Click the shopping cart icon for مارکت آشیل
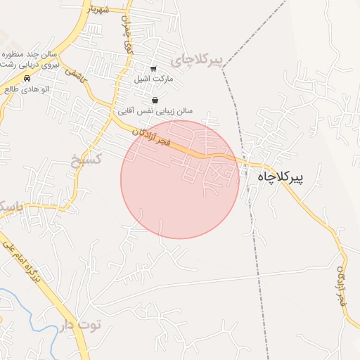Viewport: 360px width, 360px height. [x=154, y=68]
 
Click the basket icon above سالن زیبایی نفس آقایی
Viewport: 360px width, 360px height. [x=154, y=100]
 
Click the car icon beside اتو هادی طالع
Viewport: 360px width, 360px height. [x=27, y=78]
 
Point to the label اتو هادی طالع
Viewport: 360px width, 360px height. [x=26, y=89]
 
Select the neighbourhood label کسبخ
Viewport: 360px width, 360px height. [x=88, y=158]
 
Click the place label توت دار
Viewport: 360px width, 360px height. [x=82, y=325]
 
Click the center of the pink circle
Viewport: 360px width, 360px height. [x=180, y=179]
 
